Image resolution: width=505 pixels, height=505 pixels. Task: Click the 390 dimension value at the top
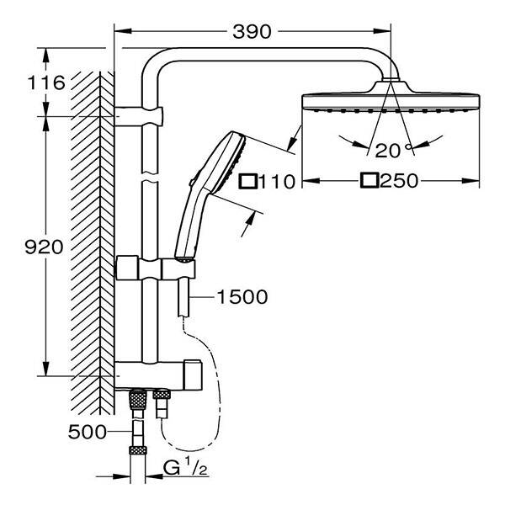point(252,32)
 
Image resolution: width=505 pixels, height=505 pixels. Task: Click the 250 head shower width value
point(401,181)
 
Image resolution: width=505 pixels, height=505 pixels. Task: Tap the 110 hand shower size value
point(277,181)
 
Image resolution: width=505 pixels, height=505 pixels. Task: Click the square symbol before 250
point(368,181)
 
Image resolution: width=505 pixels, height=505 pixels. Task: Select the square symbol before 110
point(247,181)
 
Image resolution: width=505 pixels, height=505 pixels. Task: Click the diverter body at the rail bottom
point(160,372)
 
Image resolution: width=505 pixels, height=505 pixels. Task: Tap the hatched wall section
point(88,236)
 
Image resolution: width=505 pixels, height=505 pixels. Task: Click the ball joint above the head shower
point(389,82)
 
